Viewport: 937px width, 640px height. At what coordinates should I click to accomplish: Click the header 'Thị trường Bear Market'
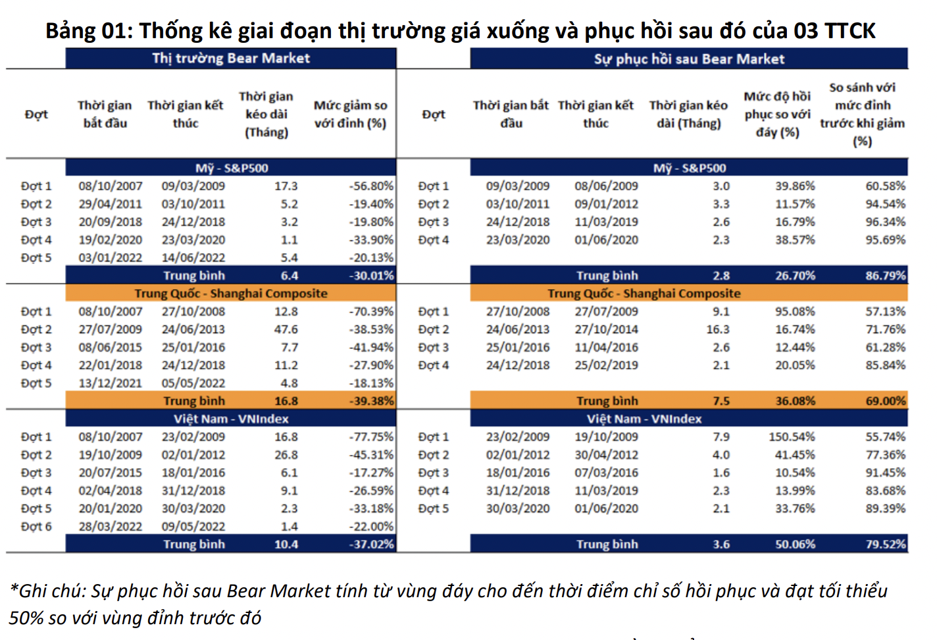pyautogui.click(x=231, y=59)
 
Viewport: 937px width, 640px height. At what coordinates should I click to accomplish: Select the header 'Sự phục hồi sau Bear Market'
pyautogui.click(x=689, y=59)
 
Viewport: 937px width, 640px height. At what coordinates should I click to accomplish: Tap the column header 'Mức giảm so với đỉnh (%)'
pyautogui.click(x=350, y=114)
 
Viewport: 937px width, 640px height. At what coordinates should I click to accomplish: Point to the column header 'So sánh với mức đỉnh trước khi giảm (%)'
pyautogui.click(x=862, y=114)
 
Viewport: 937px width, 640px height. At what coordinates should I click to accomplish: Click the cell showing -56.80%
pyautogui.click(x=371, y=186)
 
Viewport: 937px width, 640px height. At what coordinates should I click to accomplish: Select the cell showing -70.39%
pyautogui.click(x=371, y=311)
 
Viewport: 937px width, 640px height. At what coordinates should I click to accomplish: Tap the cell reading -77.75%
pyautogui.click(x=371, y=437)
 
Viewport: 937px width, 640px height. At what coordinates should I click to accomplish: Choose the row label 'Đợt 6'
pyautogui.click(x=36, y=527)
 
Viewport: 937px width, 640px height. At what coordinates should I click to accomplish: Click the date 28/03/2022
pyautogui.click(x=110, y=527)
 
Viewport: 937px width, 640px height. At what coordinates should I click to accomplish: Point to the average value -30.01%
pyautogui.click(x=371, y=276)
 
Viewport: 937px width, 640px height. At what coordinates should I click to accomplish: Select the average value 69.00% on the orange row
pyautogui.click(x=885, y=401)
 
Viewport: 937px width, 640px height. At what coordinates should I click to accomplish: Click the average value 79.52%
pyautogui.click(x=885, y=545)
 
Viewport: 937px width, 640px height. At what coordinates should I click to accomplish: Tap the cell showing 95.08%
pyautogui.click(x=795, y=311)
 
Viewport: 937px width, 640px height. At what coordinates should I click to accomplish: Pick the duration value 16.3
pyautogui.click(x=718, y=329)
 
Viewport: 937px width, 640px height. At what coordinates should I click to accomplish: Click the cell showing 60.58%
pyautogui.click(x=885, y=186)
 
